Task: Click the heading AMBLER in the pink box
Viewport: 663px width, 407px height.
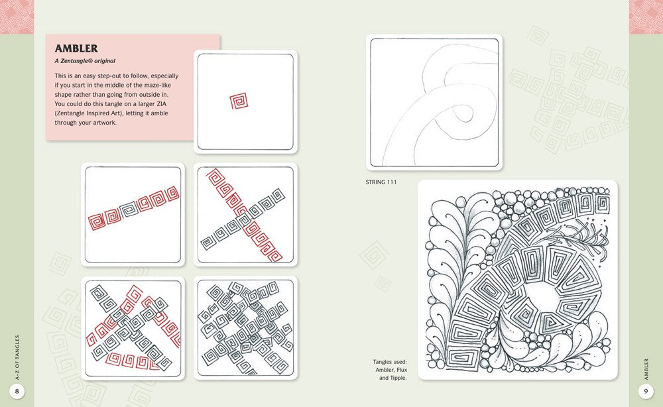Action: [x=76, y=48]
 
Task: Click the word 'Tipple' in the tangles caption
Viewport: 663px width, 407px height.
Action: [x=398, y=378]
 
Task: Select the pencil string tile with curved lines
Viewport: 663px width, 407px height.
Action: [x=434, y=102]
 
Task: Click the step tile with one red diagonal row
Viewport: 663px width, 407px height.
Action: [x=133, y=214]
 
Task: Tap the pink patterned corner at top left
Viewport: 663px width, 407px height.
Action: [x=17, y=17]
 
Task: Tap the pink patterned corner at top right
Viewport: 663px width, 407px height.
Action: [x=646, y=17]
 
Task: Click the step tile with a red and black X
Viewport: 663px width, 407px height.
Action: [x=245, y=214]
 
